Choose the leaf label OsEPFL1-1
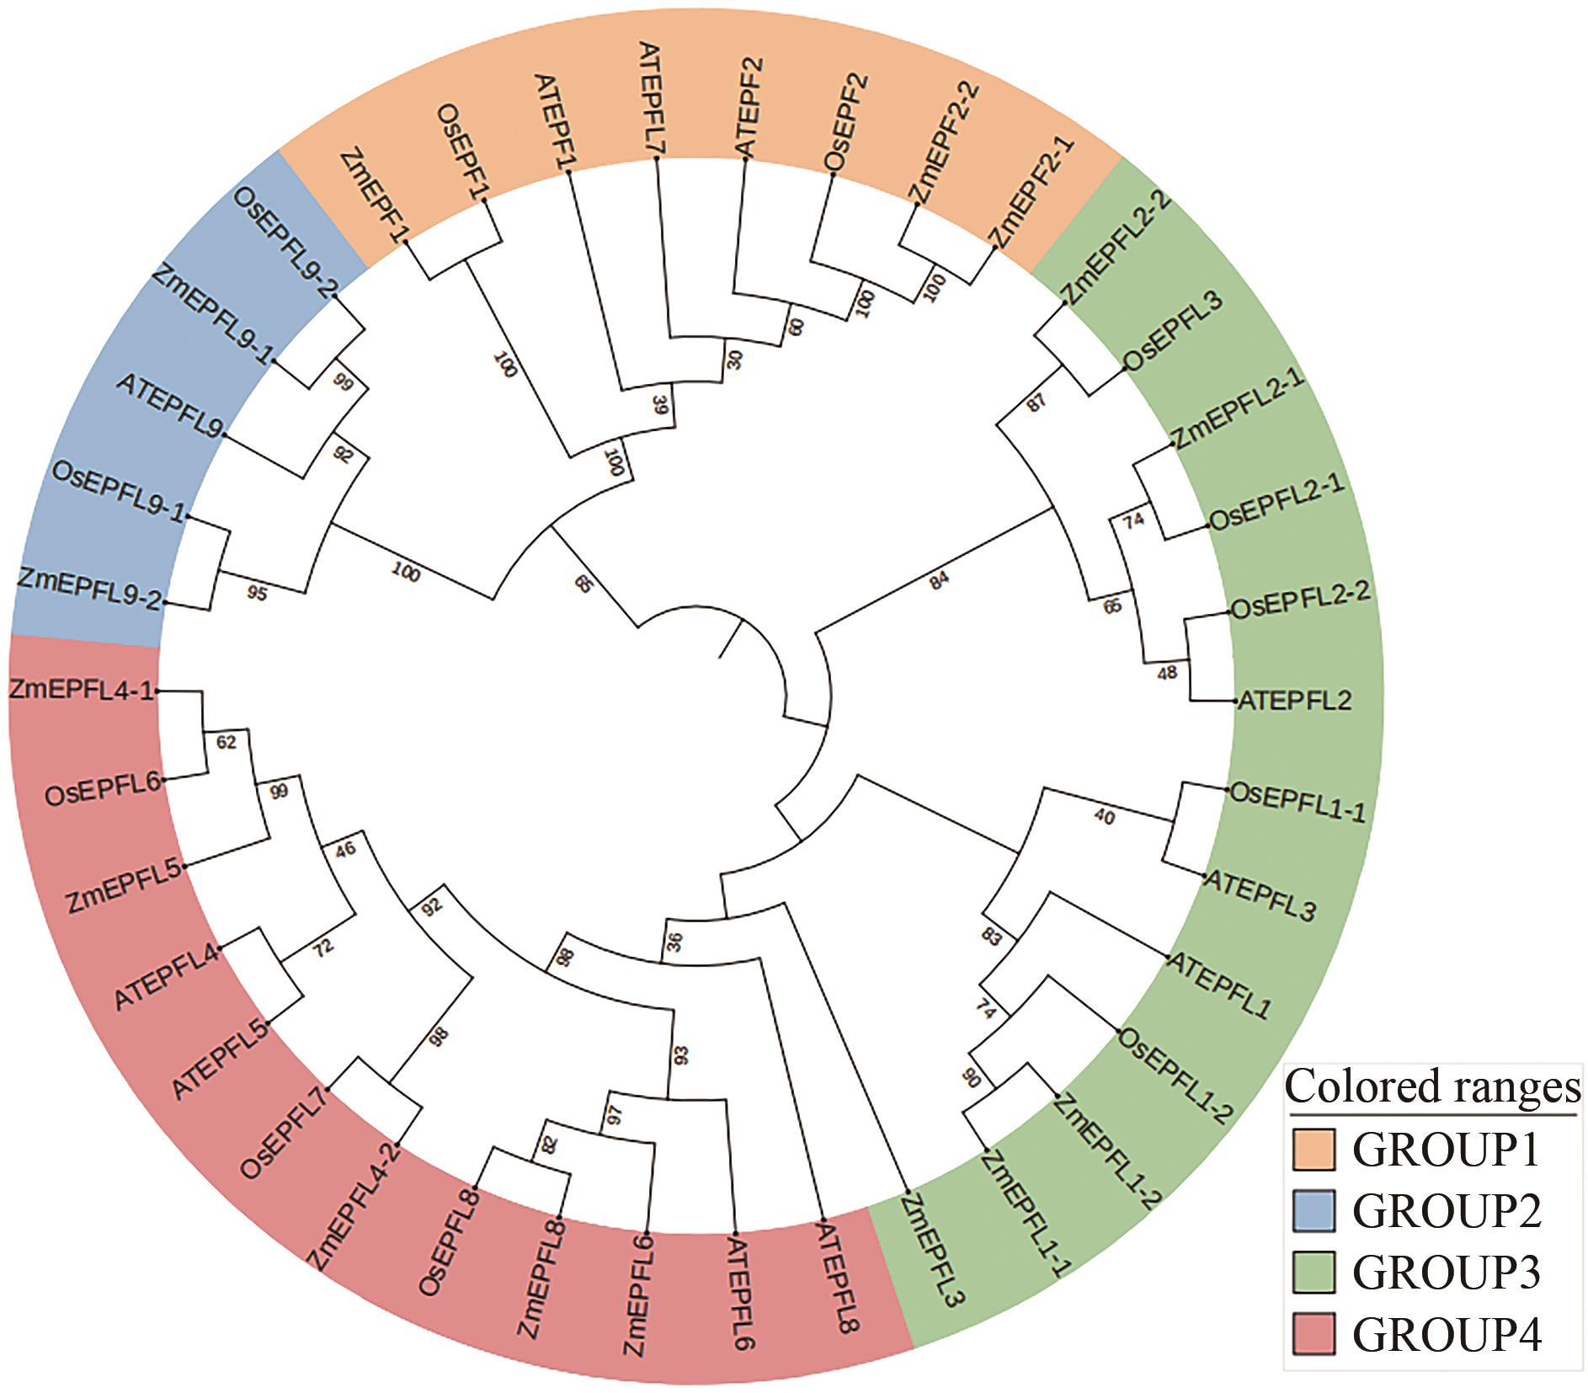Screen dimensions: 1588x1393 click(x=1298, y=800)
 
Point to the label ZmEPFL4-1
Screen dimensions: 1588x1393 click(x=82, y=690)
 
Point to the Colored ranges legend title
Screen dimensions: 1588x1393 click(x=1433, y=1087)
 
